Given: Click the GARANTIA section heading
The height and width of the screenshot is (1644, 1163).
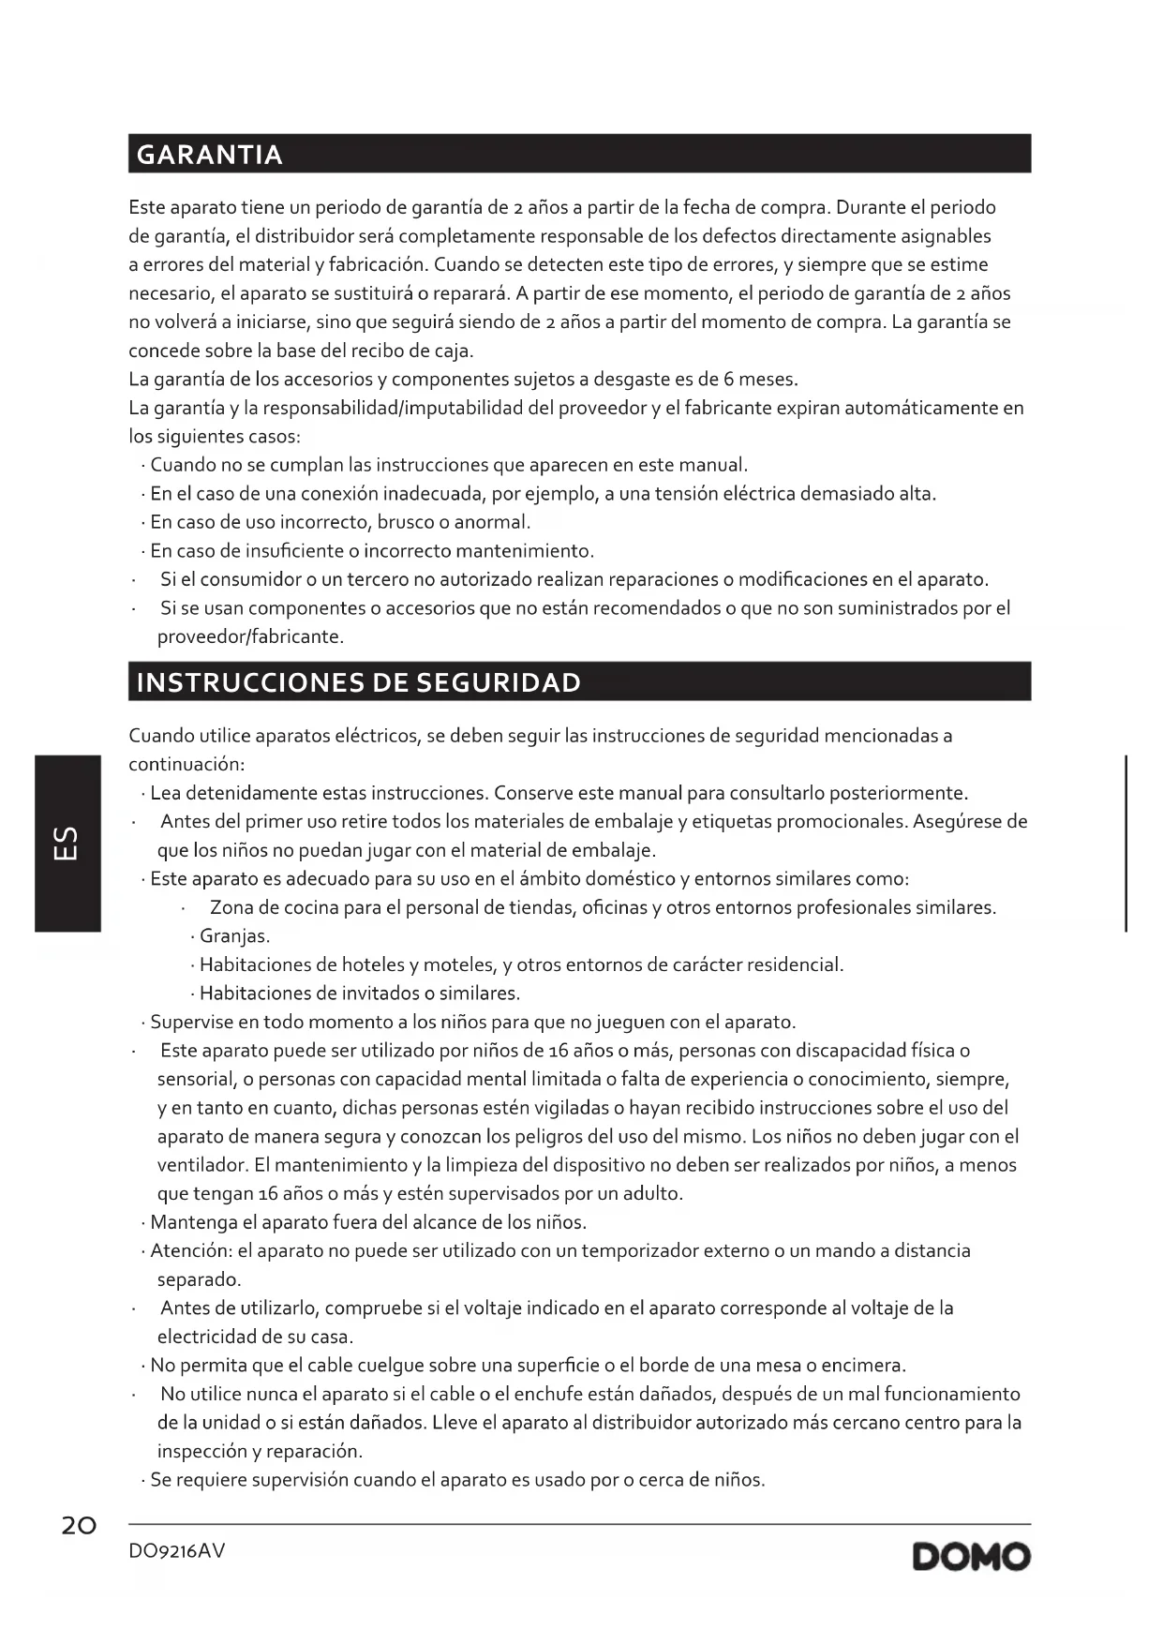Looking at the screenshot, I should click(x=209, y=155).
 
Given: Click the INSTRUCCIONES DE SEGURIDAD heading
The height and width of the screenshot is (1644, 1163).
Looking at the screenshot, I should click(x=358, y=682).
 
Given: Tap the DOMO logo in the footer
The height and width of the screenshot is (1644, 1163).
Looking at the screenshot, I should click(x=971, y=1557).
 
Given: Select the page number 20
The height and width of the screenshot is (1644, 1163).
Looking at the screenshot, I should click(x=79, y=1526).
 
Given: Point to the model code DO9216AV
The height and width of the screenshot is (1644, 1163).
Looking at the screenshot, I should click(x=177, y=1551).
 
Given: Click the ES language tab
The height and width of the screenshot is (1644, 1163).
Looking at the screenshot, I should click(x=67, y=843).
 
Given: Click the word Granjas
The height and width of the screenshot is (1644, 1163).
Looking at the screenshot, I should click(x=234, y=936).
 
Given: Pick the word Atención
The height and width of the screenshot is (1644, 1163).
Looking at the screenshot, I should click(x=190, y=1251).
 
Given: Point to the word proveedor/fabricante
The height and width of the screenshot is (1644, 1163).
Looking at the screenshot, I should click(x=250, y=637).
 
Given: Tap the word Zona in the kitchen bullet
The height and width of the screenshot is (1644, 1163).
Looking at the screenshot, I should click(x=231, y=907).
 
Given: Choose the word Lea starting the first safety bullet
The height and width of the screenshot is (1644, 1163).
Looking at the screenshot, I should click(x=166, y=793).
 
